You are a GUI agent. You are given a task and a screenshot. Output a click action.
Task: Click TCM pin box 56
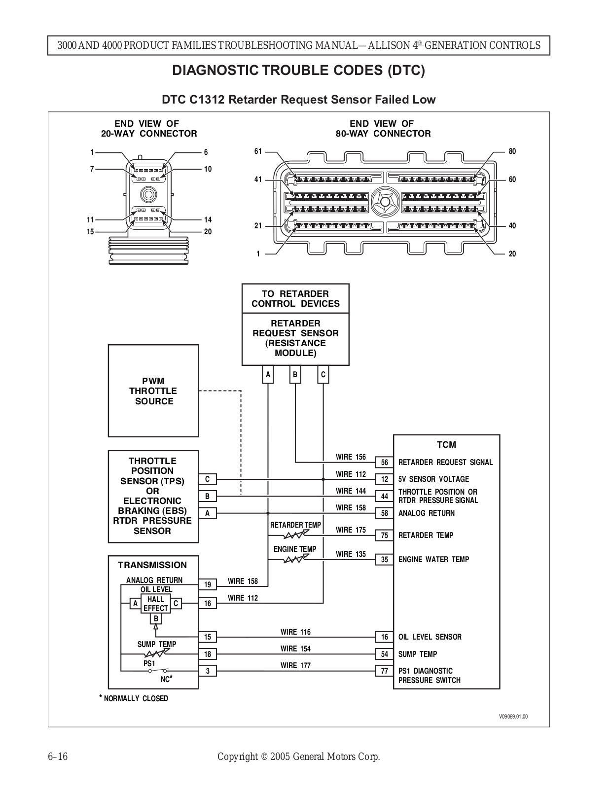pyautogui.click(x=384, y=462)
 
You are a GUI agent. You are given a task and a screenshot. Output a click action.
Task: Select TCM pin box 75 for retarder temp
pyautogui.click(x=384, y=535)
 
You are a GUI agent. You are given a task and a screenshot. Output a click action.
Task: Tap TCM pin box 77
pyautogui.click(x=384, y=671)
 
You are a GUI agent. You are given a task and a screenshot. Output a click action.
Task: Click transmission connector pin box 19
pyautogui.click(x=208, y=584)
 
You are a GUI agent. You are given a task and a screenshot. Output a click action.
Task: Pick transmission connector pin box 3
pyautogui.click(x=208, y=671)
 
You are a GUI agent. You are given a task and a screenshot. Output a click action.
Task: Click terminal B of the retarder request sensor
pyautogui.click(x=295, y=374)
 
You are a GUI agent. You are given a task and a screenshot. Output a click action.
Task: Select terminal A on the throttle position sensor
pyautogui.click(x=208, y=513)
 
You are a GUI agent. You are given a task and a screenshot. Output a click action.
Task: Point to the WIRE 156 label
pyautogui.click(x=351, y=457)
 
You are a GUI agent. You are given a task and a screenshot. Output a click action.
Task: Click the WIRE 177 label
pyautogui.click(x=295, y=666)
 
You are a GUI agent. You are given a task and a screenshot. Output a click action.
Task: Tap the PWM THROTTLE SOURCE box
pyautogui.click(x=153, y=391)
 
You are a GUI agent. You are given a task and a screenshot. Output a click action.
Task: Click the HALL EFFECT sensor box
pyautogui.click(x=156, y=604)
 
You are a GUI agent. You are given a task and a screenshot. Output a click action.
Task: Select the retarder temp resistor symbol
pyautogui.click(x=296, y=535)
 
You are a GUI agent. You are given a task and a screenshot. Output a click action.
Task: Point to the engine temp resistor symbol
pyautogui.click(x=296, y=559)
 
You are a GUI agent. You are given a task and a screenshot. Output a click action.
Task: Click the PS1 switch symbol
pyautogui.click(x=158, y=670)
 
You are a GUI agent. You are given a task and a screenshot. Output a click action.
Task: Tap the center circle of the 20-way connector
pyautogui.click(x=148, y=195)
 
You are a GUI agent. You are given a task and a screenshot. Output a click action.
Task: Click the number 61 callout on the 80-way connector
pyautogui.click(x=258, y=151)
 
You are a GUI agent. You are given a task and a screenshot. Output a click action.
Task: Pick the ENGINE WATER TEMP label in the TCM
pyautogui.click(x=433, y=560)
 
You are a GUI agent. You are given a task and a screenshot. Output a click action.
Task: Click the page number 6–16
pyautogui.click(x=58, y=756)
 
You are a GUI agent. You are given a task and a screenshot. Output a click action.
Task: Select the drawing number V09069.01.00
pyautogui.click(x=513, y=717)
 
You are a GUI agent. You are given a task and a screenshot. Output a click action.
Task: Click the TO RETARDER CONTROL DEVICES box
pyautogui.click(x=295, y=298)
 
